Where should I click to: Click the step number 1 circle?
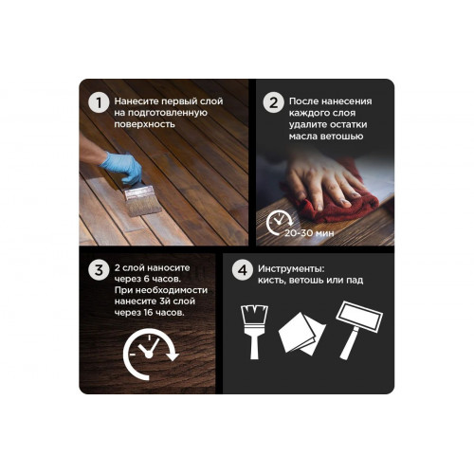pos(99,102)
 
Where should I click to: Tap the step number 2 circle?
pos(274,102)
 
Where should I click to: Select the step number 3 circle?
pos(99,270)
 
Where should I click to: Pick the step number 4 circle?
pos(243,270)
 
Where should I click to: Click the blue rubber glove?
pos(122,167)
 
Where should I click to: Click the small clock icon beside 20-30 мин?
pos(279,222)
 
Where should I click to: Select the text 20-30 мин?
pos(309,233)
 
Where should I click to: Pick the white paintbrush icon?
pos(254,332)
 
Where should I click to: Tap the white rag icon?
pos(302,334)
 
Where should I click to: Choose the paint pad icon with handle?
pos(359,329)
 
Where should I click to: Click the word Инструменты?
pos(291,269)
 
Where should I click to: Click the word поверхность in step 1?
pos(145,124)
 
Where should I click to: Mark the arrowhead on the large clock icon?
pos(173,356)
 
